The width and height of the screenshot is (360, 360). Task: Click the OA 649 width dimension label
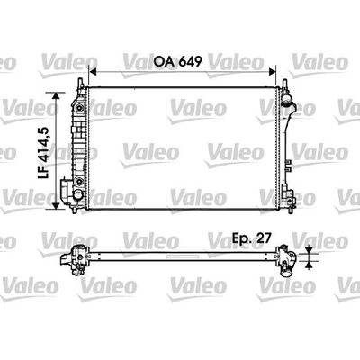[x=177, y=62]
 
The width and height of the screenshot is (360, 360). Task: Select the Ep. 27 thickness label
[x=252, y=238]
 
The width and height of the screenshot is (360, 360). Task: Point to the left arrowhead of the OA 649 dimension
[x=94, y=72]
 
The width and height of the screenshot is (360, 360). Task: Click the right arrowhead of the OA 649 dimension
[x=272, y=72]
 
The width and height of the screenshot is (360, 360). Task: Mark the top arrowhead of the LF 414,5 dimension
[x=56, y=96]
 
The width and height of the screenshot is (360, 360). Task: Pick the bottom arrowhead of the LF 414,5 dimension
[x=56, y=206]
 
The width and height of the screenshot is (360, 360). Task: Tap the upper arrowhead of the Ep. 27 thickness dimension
[x=309, y=250]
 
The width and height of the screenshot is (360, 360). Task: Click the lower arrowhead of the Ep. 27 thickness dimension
[x=309, y=265]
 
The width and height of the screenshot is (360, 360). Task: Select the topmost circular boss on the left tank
[x=79, y=108]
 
